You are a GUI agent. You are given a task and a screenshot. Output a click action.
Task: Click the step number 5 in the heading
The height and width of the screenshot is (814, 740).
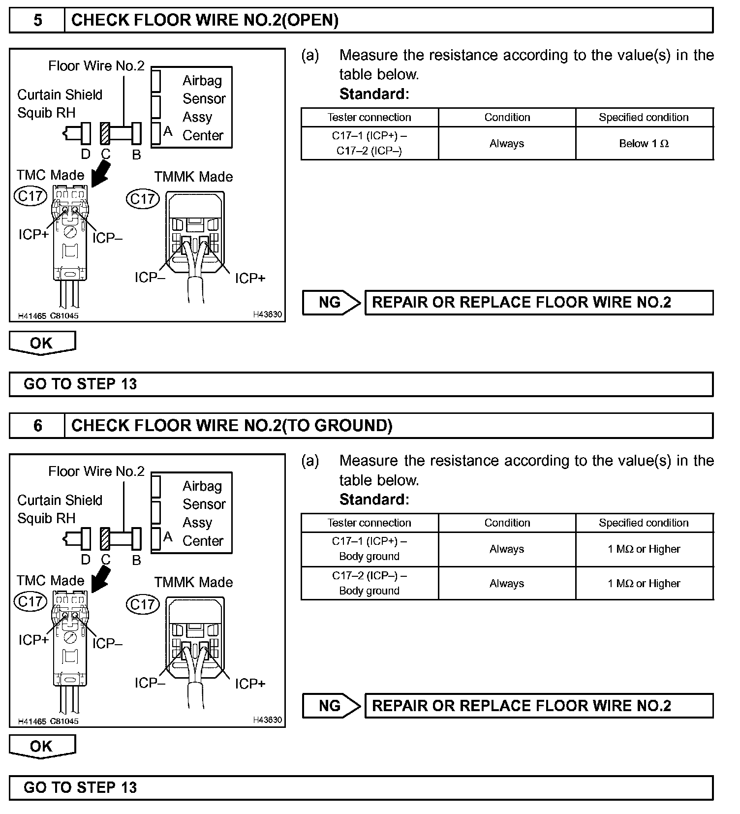pyautogui.click(x=37, y=20)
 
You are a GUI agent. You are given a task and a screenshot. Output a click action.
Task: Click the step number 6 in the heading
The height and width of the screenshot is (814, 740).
pyautogui.click(x=37, y=426)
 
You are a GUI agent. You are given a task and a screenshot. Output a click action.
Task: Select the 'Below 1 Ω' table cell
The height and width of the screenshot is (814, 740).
pyautogui.click(x=644, y=144)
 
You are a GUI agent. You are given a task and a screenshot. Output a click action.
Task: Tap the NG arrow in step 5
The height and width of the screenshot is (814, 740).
pyautogui.click(x=331, y=302)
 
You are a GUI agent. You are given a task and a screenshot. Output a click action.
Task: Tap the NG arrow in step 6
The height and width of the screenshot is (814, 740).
pyautogui.click(x=331, y=706)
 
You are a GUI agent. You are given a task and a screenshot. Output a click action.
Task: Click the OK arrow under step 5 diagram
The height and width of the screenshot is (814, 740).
pyautogui.click(x=42, y=343)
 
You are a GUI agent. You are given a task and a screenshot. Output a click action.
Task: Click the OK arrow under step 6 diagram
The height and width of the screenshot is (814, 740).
pyautogui.click(x=42, y=747)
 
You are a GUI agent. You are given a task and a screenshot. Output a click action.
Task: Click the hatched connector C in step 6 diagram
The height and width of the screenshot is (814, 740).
pyautogui.click(x=105, y=539)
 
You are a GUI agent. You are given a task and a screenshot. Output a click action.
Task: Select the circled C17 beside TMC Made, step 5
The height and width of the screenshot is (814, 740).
pyautogui.click(x=31, y=196)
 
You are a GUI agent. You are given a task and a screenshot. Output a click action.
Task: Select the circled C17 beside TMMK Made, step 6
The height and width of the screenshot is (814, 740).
pyautogui.click(x=143, y=604)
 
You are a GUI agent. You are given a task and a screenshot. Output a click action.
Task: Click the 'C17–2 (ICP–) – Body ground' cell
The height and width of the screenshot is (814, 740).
pyautogui.click(x=369, y=583)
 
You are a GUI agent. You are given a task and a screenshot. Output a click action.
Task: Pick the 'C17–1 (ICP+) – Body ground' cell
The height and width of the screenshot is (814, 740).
pyautogui.click(x=369, y=549)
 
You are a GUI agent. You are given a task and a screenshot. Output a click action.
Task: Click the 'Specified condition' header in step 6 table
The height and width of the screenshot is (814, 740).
pyautogui.click(x=644, y=523)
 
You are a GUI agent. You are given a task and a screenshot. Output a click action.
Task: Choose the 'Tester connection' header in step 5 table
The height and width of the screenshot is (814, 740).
pyautogui.click(x=369, y=117)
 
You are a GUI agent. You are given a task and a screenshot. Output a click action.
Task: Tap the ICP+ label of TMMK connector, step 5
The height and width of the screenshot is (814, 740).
pyautogui.click(x=250, y=279)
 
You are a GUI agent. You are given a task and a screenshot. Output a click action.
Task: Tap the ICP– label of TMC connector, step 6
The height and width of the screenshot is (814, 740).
pyautogui.click(x=107, y=643)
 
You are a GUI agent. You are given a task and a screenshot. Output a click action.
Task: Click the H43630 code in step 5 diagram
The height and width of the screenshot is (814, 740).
pyautogui.click(x=268, y=314)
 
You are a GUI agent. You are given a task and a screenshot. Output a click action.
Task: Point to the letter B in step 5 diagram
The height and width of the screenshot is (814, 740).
pyautogui.click(x=137, y=155)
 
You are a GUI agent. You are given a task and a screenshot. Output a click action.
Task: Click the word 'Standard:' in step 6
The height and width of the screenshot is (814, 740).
pyautogui.click(x=374, y=500)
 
